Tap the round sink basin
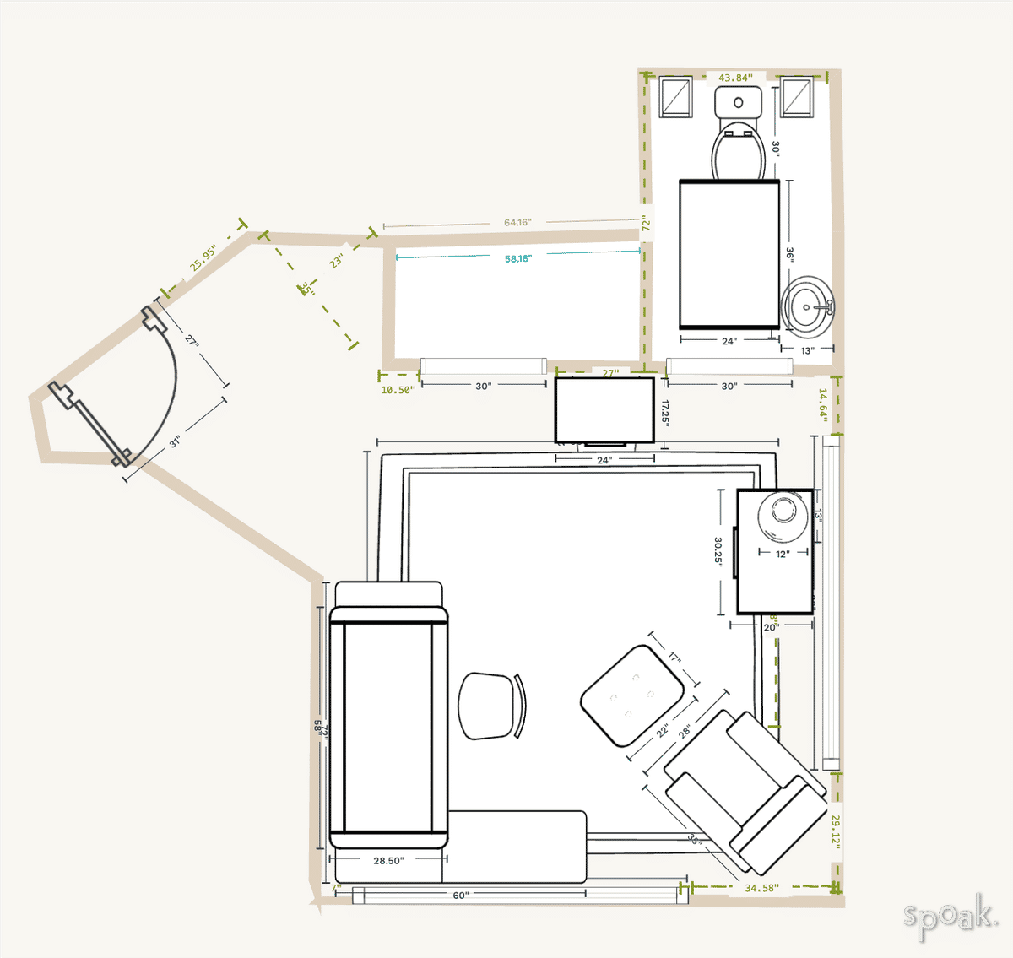point(809,305)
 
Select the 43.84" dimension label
point(735,78)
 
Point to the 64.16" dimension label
point(517,223)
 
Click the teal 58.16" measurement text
point(518,259)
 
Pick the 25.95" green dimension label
point(203,258)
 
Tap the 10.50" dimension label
point(398,390)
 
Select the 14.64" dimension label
point(822,404)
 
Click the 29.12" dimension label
point(836,831)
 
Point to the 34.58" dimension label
point(761,888)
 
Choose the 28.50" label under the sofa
point(388,861)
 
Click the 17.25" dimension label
point(665,413)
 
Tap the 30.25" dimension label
point(718,551)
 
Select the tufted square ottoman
point(631,695)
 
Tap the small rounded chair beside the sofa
point(490,706)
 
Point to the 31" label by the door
point(175,441)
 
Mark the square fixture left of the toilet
point(675,96)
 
